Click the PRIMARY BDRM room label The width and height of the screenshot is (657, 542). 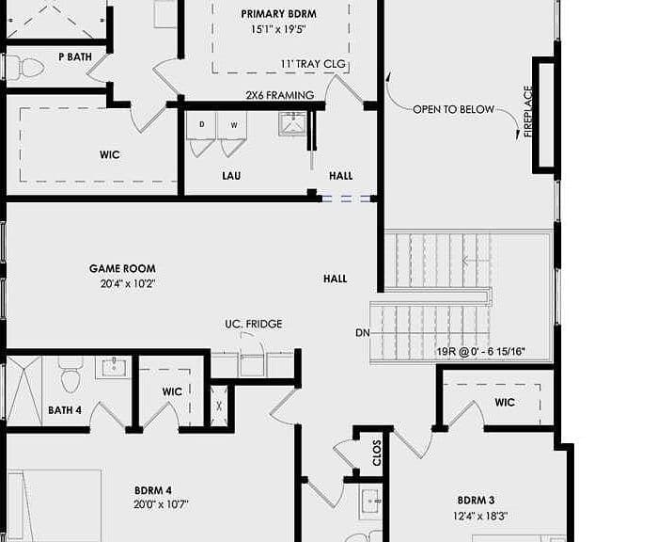[x=278, y=14]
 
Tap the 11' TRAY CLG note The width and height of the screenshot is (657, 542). [x=313, y=64]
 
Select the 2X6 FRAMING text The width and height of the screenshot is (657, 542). [x=280, y=95]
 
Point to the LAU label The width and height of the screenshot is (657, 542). [x=231, y=176]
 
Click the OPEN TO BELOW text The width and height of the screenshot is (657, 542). [x=453, y=109]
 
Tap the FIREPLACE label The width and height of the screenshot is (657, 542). [x=528, y=111]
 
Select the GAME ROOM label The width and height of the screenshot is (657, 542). [x=122, y=268]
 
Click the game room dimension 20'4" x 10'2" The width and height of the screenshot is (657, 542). [x=128, y=283]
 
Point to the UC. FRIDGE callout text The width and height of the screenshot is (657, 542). [x=254, y=324]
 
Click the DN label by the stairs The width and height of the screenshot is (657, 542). [x=363, y=333]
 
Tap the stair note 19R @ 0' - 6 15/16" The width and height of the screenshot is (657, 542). [x=480, y=352]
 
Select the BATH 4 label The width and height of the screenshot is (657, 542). [x=65, y=410]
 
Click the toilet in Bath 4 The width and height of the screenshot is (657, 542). [x=70, y=375]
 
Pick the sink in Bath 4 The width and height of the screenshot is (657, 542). [x=113, y=367]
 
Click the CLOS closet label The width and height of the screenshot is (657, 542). [x=376, y=453]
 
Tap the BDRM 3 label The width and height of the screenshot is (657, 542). [x=476, y=501]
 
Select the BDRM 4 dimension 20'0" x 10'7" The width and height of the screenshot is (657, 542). [x=162, y=504]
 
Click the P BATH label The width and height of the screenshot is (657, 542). [x=75, y=56]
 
